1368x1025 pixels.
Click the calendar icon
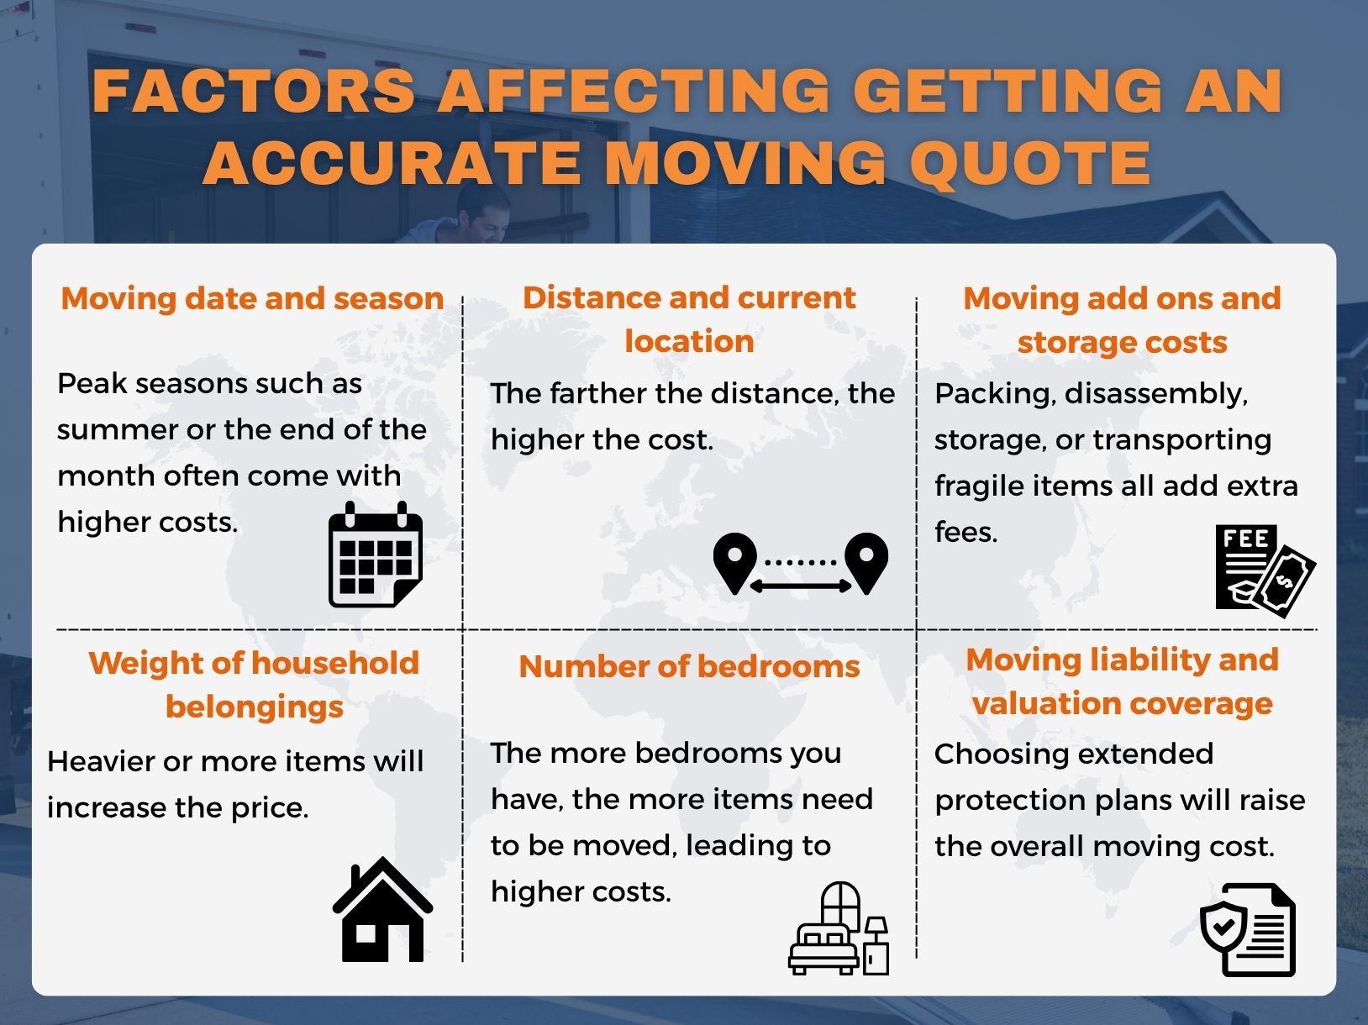coord(375,555)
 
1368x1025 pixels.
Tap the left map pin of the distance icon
coord(734,562)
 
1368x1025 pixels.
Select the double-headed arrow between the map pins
coord(800,586)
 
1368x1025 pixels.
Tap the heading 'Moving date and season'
coord(252,298)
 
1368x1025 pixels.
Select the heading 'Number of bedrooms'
coord(689,666)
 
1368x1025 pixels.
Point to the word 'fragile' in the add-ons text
coord(974,486)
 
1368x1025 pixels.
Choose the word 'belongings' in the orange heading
coord(255,707)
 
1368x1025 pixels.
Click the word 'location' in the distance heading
coord(689,341)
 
